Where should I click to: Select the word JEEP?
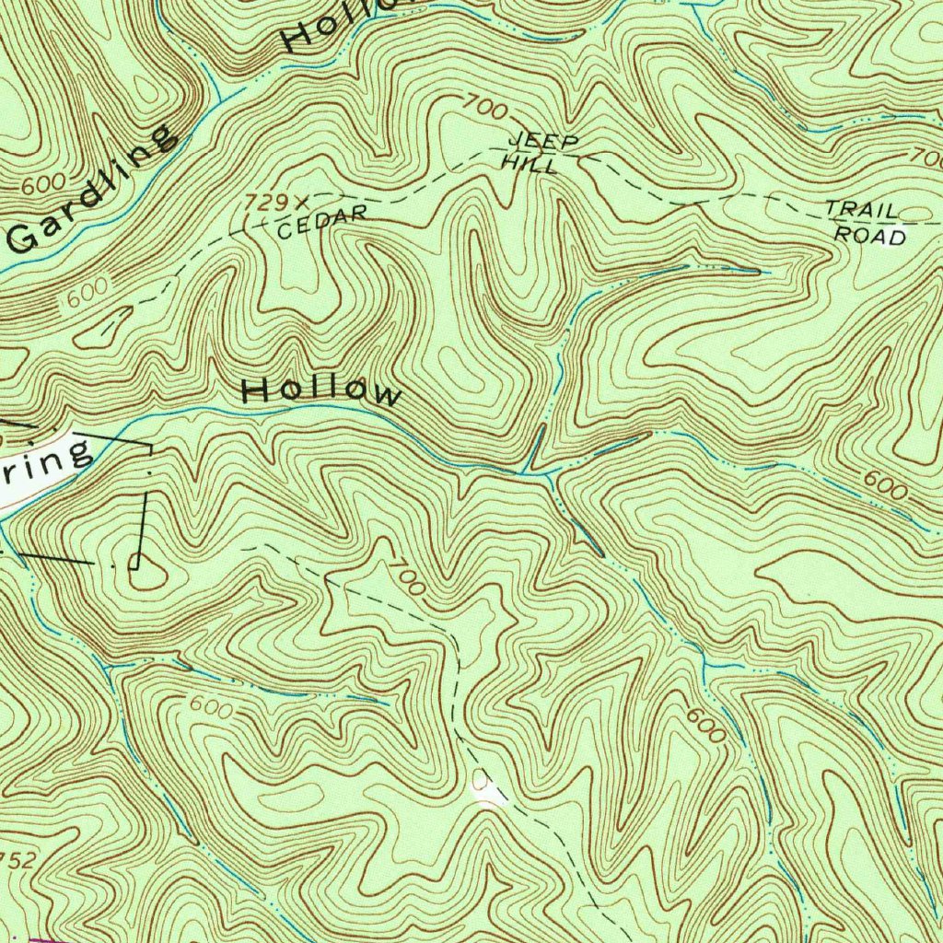coord(544,142)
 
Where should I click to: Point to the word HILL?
coord(530,164)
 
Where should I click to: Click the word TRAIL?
coord(862,209)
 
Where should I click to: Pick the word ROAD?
coord(870,235)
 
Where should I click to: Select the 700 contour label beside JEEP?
coord(484,108)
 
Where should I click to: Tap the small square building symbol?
coord(134,562)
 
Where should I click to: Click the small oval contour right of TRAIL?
coord(915,215)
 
